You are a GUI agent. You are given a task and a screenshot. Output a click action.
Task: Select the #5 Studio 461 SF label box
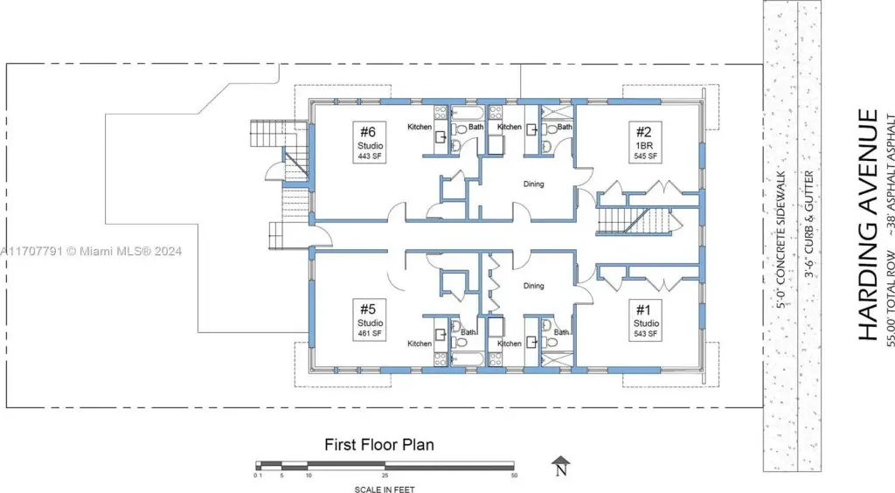[370, 320]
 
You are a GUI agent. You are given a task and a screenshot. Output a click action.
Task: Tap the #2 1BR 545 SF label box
[645, 142]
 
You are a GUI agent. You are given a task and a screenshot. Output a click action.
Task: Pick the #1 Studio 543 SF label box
[645, 320]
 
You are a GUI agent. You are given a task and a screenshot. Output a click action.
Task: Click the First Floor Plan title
[379, 445]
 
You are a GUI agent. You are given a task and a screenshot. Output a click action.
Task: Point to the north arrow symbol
[561, 466]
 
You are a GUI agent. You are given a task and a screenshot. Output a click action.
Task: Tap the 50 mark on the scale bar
[514, 476]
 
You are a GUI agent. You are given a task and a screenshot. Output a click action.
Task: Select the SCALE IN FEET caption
[385, 489]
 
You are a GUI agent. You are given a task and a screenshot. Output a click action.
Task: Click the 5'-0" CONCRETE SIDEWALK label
[781, 240]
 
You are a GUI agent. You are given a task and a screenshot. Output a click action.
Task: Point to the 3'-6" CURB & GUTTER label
[808, 224]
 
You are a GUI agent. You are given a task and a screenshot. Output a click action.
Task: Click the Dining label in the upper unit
[534, 184]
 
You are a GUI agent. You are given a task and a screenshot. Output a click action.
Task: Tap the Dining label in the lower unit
[534, 286]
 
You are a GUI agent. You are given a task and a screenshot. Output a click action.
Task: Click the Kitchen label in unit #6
[420, 127]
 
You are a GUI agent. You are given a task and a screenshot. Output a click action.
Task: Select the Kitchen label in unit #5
[420, 344]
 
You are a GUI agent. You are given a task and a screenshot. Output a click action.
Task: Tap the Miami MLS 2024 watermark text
[91, 251]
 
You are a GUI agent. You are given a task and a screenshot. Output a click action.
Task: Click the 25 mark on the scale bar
[385, 476]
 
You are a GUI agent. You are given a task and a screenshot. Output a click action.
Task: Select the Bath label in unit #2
[565, 127]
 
